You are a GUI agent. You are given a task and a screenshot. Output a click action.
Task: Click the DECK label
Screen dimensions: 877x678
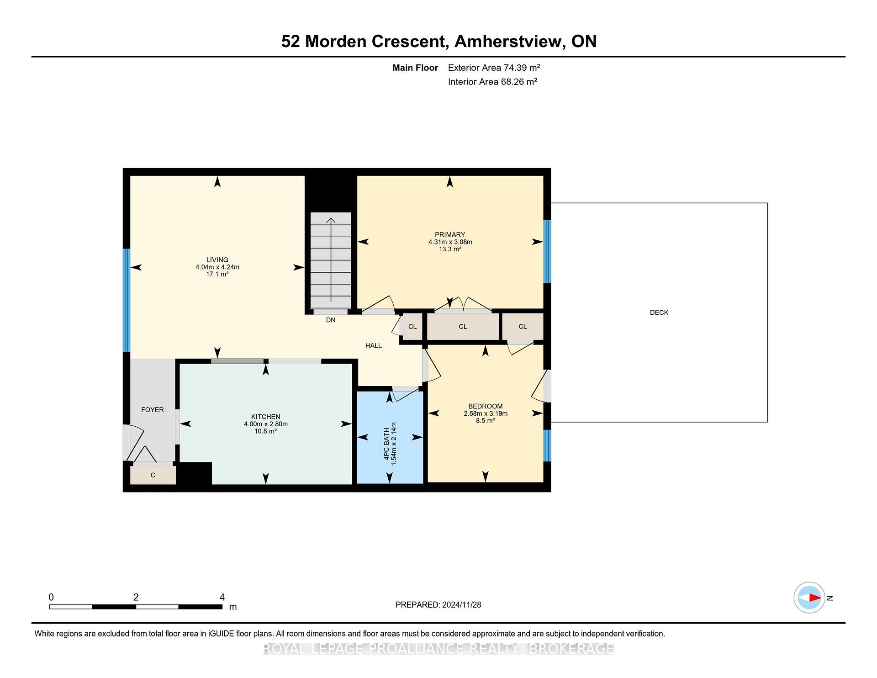659,313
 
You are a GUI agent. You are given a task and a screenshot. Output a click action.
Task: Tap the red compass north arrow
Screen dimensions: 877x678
815,598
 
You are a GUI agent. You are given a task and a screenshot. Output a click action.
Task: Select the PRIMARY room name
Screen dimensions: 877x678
450,235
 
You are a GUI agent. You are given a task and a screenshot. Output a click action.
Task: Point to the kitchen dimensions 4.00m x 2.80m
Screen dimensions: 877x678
265,424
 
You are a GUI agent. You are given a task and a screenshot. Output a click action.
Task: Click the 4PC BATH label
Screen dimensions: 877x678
386,444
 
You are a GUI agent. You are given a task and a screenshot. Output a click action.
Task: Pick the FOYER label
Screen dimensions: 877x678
152,410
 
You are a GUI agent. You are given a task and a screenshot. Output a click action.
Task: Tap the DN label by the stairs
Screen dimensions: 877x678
331,320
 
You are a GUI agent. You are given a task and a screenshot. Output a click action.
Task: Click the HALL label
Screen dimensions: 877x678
373,346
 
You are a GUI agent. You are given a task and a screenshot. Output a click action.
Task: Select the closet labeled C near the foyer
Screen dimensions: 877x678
153,475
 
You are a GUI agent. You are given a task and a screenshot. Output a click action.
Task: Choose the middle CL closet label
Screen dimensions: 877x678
463,327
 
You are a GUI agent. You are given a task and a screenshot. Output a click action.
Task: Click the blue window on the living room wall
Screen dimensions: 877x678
127,300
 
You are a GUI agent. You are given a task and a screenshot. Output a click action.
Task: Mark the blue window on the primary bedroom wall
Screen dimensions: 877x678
547,252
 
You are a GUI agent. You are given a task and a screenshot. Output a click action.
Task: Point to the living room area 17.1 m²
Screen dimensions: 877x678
217,274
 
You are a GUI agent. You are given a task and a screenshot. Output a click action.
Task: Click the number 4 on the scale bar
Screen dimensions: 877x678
222,597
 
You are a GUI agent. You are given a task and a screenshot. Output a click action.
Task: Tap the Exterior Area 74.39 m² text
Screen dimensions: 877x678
494,68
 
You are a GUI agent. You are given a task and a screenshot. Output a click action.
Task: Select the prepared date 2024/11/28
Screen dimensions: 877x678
461,605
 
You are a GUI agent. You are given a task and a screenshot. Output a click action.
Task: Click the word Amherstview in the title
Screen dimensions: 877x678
508,41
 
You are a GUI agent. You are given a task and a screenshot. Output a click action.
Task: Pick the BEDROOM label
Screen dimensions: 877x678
485,406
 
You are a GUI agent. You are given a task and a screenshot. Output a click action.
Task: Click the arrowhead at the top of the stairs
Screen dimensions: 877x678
331,220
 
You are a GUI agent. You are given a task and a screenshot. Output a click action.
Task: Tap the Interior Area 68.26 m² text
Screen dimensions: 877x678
492,82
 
